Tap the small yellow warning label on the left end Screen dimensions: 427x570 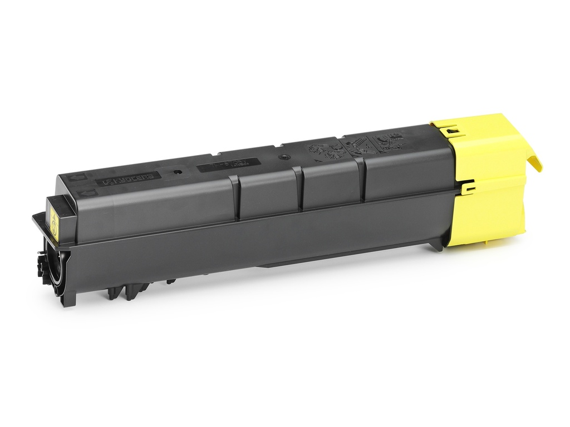[x=54, y=222]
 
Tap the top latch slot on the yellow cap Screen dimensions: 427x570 [x=452, y=131]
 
